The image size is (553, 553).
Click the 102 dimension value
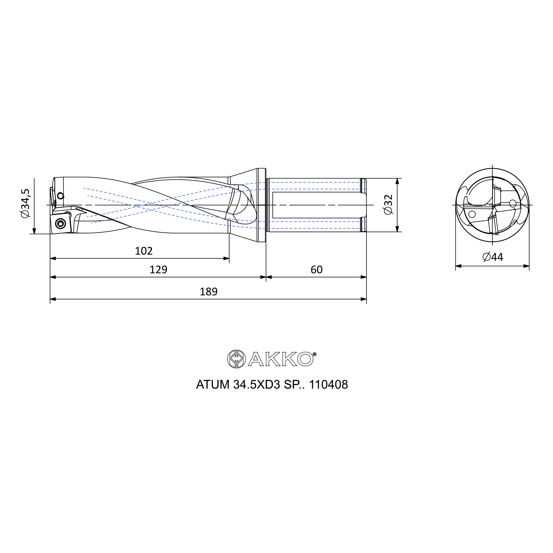coord(144,251)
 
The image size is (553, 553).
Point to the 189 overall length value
coord(209,292)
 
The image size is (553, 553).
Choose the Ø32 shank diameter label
coord(388,205)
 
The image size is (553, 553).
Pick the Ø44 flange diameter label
coord(493,257)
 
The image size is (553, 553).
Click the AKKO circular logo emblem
coord(236,359)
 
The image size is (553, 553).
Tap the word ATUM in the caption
coord(213,385)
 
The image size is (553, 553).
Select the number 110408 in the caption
coord(328,385)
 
